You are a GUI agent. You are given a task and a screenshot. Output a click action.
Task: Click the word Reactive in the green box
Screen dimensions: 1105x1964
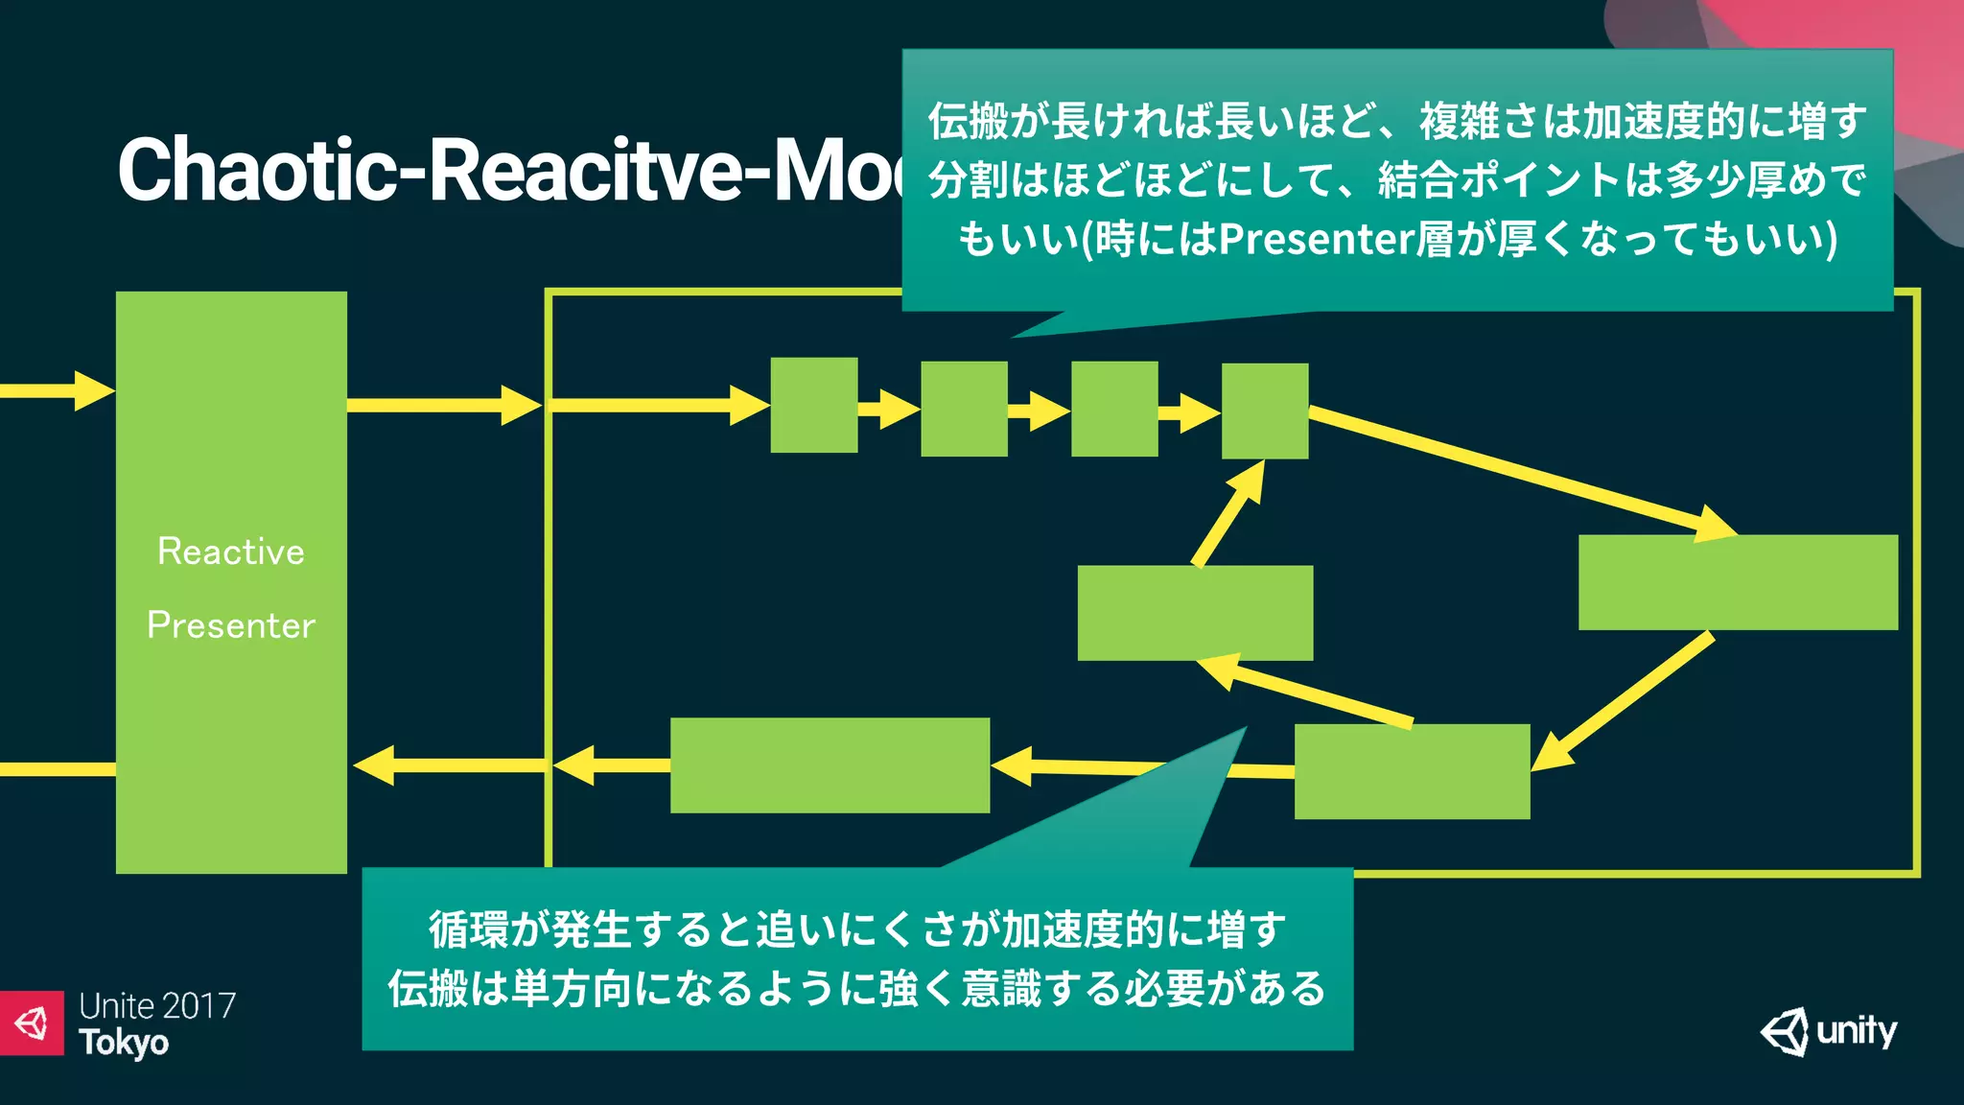pos(231,552)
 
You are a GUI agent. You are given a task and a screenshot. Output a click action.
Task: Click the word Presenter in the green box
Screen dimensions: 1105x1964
pos(231,625)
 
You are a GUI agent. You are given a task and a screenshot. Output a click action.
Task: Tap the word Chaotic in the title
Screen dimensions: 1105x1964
pos(255,170)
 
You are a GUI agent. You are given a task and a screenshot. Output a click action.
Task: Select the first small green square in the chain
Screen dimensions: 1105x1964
pos(813,405)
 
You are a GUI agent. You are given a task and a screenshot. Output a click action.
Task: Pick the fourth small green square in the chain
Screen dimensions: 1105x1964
pos(1264,411)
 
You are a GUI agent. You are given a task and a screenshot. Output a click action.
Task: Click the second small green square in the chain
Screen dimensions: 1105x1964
pos(964,409)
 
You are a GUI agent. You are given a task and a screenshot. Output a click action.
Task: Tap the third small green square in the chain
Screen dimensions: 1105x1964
pos(1113,409)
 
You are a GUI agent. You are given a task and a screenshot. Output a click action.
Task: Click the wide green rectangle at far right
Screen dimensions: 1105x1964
pos(1737,582)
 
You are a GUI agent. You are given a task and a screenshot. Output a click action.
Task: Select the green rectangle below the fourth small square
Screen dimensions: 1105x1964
pos(1194,613)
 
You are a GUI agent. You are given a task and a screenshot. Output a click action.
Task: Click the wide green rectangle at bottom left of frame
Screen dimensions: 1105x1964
pos(830,765)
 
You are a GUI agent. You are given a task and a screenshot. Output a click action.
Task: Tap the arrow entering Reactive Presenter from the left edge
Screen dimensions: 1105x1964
pos(58,390)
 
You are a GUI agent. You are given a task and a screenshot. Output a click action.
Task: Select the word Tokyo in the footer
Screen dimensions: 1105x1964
pos(124,1043)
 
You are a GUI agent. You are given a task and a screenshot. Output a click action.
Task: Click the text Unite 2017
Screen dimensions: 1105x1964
pos(157,1005)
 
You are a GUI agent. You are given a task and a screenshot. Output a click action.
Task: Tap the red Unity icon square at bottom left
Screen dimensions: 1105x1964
pos(32,1023)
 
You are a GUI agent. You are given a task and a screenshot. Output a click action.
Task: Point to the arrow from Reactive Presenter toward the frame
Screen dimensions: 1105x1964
pos(443,405)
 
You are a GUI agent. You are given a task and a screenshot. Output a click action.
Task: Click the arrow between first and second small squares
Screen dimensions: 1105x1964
pos(888,409)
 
